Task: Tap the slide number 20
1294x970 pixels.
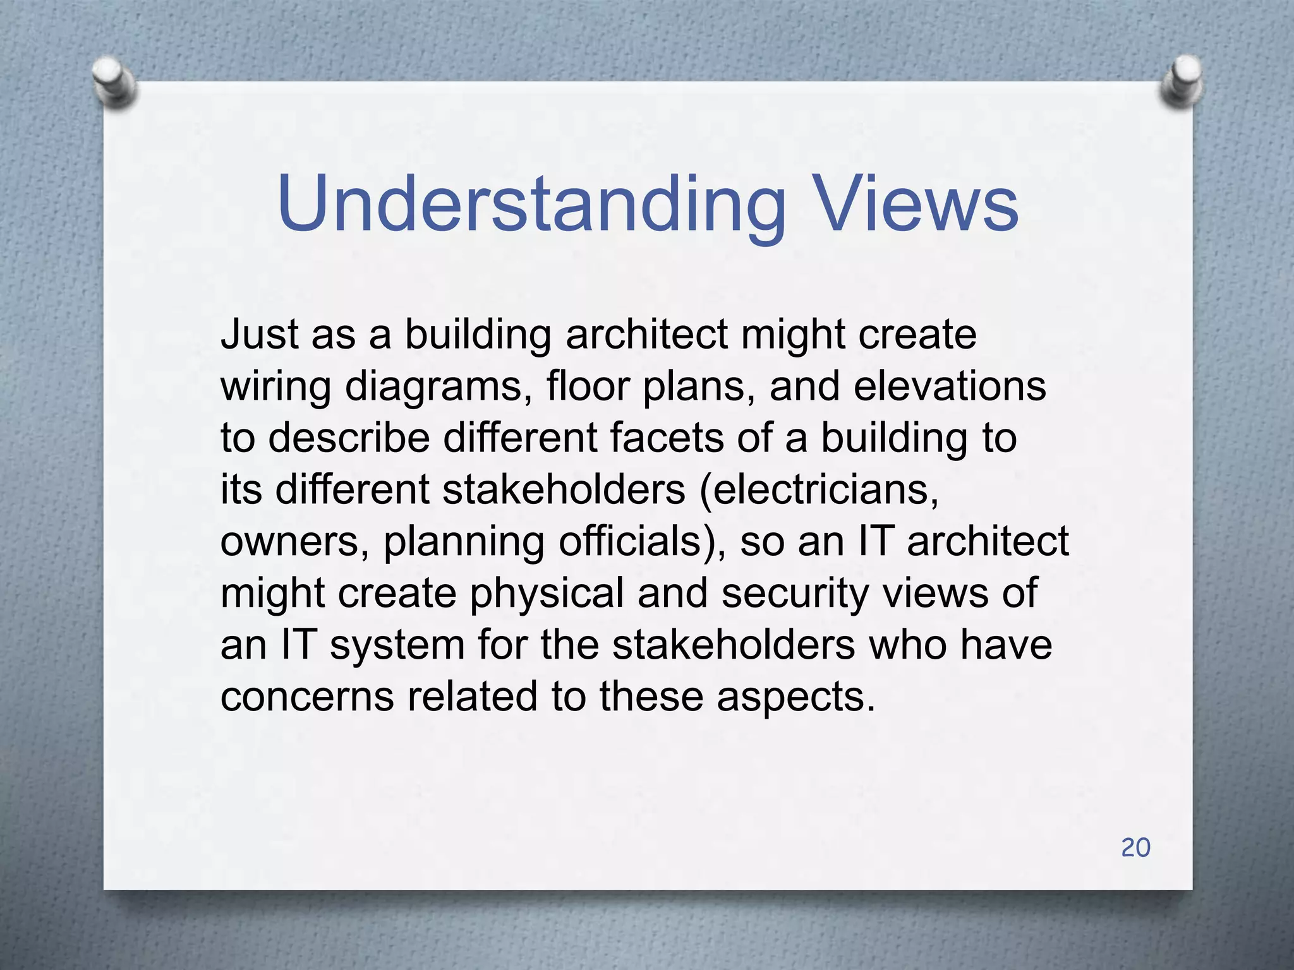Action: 1135,847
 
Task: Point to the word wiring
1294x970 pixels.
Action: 275,387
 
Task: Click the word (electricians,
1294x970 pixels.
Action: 819,489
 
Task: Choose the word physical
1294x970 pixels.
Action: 547,594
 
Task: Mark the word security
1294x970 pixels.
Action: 795,594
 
